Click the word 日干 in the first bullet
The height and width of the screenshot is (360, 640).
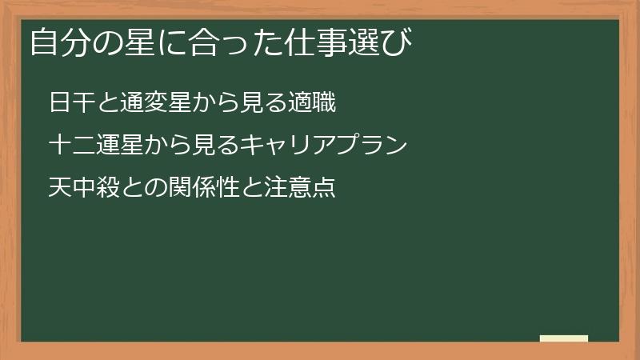(x=71, y=103)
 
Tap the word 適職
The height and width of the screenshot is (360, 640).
(x=311, y=103)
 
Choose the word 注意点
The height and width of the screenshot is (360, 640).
(x=299, y=188)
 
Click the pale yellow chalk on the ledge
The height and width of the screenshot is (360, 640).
(x=564, y=338)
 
